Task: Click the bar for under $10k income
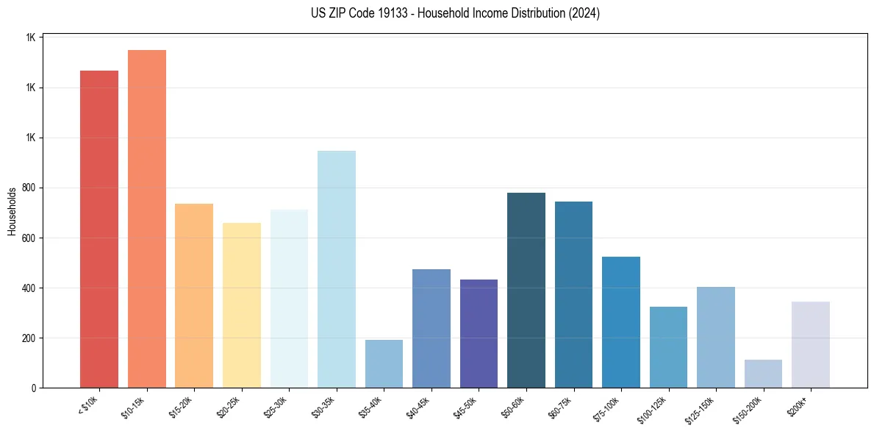pyautogui.click(x=99, y=229)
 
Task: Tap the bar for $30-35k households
pyautogui.click(x=337, y=269)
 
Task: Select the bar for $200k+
pyautogui.click(x=811, y=344)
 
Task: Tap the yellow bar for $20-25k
pyautogui.click(x=242, y=305)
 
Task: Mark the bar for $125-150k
pyautogui.click(x=716, y=337)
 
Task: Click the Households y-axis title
pyautogui.click(x=12, y=211)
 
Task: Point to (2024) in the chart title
pyautogui.click(x=584, y=13)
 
